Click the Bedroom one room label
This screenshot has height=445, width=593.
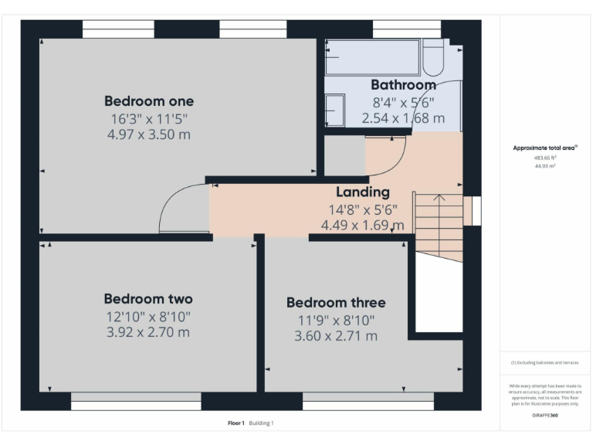tap(149, 101)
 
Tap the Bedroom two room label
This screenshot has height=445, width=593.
tap(148, 299)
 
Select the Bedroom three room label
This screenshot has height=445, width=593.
tap(335, 302)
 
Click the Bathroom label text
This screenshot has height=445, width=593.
tap(403, 85)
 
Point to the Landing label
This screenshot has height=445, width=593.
tap(362, 192)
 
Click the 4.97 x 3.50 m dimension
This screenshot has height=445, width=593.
tap(149, 134)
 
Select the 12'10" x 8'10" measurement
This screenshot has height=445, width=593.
tap(148, 316)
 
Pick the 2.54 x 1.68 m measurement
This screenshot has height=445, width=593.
tap(403, 118)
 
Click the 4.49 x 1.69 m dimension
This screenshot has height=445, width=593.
tap(362, 226)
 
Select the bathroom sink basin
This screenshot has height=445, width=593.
tap(334, 109)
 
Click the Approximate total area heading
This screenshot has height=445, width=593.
tap(545, 148)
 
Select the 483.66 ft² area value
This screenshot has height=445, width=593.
tap(545, 158)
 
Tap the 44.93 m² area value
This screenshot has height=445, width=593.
tap(545, 166)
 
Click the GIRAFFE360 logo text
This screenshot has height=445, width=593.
tap(545, 416)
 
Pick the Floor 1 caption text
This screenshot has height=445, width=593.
tap(236, 423)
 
